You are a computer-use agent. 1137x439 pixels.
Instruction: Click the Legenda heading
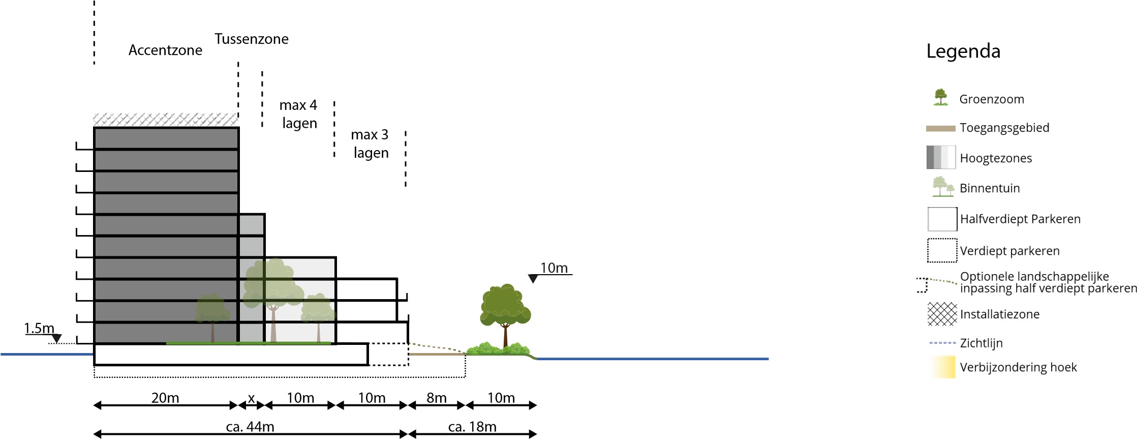[963, 51]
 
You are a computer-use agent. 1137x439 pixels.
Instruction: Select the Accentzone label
[165, 50]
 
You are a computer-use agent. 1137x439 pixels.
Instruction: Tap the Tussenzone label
[251, 39]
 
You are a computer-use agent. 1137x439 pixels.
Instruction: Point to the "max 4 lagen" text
[299, 114]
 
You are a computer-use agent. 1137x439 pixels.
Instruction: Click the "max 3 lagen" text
[370, 143]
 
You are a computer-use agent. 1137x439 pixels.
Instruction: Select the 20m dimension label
[165, 398]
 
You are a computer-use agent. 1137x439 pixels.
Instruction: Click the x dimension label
[251, 398]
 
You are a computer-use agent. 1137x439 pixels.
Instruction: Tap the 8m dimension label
[437, 398]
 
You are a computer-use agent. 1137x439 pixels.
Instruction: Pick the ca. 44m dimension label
[250, 427]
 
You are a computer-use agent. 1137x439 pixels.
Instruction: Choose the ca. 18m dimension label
[472, 427]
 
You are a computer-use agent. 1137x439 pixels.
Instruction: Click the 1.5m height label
[39, 328]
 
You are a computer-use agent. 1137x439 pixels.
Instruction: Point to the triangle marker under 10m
[533, 279]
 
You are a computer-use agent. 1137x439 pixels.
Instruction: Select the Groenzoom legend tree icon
[941, 97]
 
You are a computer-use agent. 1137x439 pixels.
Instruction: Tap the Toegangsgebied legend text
[1004, 128]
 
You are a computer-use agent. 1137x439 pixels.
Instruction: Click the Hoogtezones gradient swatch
[941, 158]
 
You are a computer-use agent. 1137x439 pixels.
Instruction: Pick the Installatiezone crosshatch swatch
[942, 314]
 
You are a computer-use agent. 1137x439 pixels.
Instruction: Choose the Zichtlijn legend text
[981, 343]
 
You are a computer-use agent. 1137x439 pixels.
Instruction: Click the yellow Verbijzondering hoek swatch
[943, 367]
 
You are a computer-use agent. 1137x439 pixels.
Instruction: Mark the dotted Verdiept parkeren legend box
[942, 250]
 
